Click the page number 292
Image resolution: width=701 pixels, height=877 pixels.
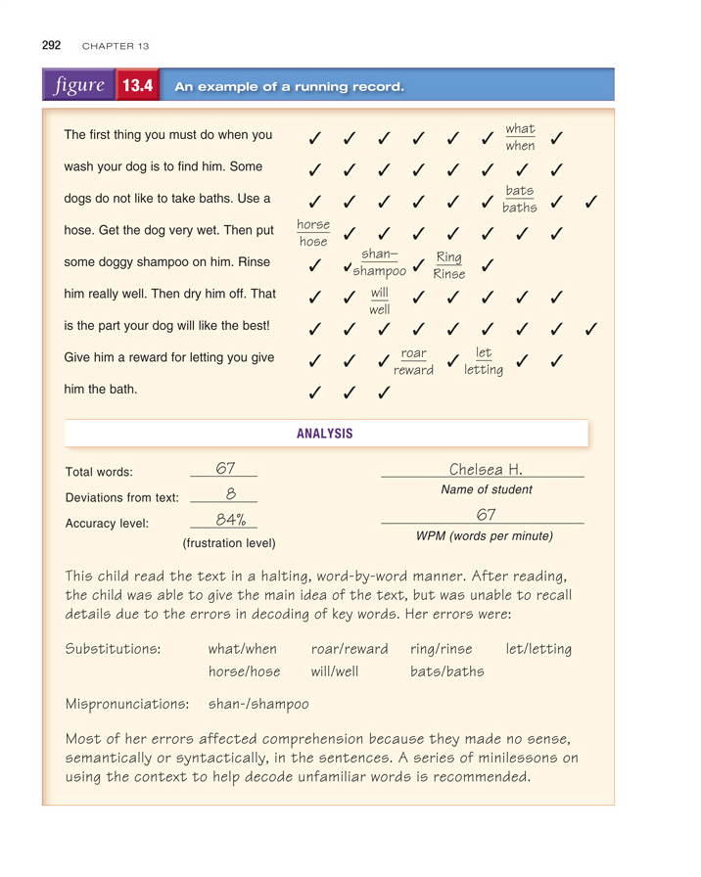point(52,45)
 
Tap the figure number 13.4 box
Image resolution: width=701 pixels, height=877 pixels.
point(138,86)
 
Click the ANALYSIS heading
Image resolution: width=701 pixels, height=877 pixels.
point(324,434)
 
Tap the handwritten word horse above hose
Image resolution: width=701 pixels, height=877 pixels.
point(313,224)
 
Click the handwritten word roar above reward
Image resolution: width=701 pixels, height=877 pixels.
point(414,352)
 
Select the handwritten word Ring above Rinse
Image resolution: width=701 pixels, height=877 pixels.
point(449,257)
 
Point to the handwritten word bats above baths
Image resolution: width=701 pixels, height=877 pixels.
point(520,191)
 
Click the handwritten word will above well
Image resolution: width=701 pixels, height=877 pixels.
point(380,293)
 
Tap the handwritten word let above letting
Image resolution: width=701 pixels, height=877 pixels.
point(484,352)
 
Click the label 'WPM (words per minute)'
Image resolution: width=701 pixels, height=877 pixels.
point(484,536)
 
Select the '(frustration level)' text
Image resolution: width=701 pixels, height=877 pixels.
point(229,542)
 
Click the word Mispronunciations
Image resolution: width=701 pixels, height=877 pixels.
point(126,703)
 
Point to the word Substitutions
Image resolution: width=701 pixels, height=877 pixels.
point(113,649)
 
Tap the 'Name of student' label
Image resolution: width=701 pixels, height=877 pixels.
point(487,489)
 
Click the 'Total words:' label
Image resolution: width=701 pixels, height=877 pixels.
point(99,472)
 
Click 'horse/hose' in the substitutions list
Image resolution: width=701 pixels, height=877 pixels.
point(244,672)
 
